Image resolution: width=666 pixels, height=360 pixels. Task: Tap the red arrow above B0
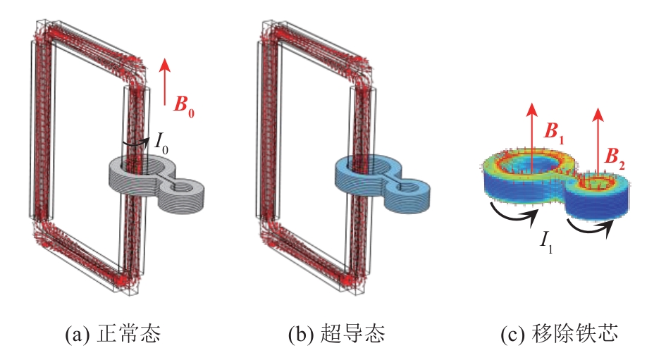coord(165,76)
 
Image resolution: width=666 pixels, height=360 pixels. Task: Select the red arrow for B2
coord(598,141)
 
